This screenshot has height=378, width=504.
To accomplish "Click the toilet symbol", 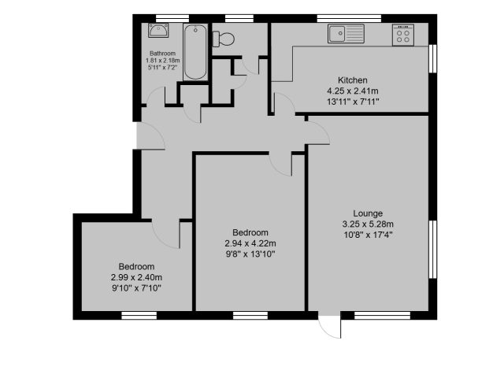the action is pyautogui.click(x=224, y=39).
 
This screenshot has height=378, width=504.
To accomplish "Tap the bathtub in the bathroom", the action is pyautogui.click(x=195, y=52).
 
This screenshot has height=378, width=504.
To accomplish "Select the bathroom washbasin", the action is pyautogui.click(x=158, y=30).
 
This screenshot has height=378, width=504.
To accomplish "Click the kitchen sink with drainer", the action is pyautogui.click(x=346, y=33).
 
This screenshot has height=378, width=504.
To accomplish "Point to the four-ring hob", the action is pyautogui.click(x=403, y=35).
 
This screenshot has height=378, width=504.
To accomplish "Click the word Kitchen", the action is pyautogui.click(x=353, y=80).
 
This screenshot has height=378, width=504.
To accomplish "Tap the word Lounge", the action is pyautogui.click(x=368, y=213).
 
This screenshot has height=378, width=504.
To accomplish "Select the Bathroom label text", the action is pyautogui.click(x=163, y=54).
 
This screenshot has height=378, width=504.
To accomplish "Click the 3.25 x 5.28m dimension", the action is pyautogui.click(x=368, y=224).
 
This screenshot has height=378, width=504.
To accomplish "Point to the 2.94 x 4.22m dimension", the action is pyautogui.click(x=250, y=243).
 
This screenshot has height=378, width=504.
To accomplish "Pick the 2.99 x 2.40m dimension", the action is pyautogui.click(x=136, y=277).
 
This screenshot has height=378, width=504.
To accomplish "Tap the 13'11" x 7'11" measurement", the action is pyautogui.click(x=353, y=102).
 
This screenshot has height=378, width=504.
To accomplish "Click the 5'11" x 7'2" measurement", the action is pyautogui.click(x=163, y=67).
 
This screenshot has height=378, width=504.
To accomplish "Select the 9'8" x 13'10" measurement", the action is pyautogui.click(x=250, y=254).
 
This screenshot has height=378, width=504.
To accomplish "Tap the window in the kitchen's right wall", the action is pyautogui.click(x=432, y=58).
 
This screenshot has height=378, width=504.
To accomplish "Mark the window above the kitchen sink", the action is pyautogui.click(x=349, y=18).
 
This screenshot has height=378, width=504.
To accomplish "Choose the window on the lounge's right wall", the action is pyautogui.click(x=432, y=249).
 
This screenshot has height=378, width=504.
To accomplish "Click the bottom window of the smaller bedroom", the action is pyautogui.click(x=139, y=315).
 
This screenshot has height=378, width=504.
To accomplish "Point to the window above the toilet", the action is pyautogui.click(x=239, y=18).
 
